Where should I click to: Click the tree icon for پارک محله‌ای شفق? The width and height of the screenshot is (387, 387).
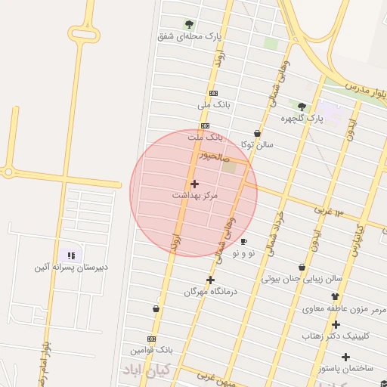tap(189, 24)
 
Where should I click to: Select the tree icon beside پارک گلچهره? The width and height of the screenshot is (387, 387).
tap(302, 107)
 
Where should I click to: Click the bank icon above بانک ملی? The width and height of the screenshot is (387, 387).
tap(213, 93)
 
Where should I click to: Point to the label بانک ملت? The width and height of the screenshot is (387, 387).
tap(206, 138)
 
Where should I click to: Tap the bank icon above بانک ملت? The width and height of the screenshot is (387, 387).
tap(205, 125)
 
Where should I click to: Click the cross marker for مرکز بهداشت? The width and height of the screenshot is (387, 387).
tap(194, 184)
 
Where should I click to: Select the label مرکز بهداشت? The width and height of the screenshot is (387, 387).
tap(194, 196)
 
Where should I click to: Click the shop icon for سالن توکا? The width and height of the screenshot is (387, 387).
tap(257, 132)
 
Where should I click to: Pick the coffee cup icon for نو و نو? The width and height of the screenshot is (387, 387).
tap(243, 242)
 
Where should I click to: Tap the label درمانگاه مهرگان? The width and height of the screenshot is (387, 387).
tap(206, 291)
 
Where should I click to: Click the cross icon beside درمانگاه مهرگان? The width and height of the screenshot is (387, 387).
tap(210, 280)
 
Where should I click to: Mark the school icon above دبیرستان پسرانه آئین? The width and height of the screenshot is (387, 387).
tap(71, 256)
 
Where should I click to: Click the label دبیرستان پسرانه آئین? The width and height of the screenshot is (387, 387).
tap(71, 268)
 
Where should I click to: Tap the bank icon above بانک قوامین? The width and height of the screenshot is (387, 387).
tap(152, 339)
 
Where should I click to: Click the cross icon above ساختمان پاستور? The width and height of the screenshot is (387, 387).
tap(346, 357)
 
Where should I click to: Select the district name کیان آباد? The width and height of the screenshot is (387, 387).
tap(147, 370)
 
